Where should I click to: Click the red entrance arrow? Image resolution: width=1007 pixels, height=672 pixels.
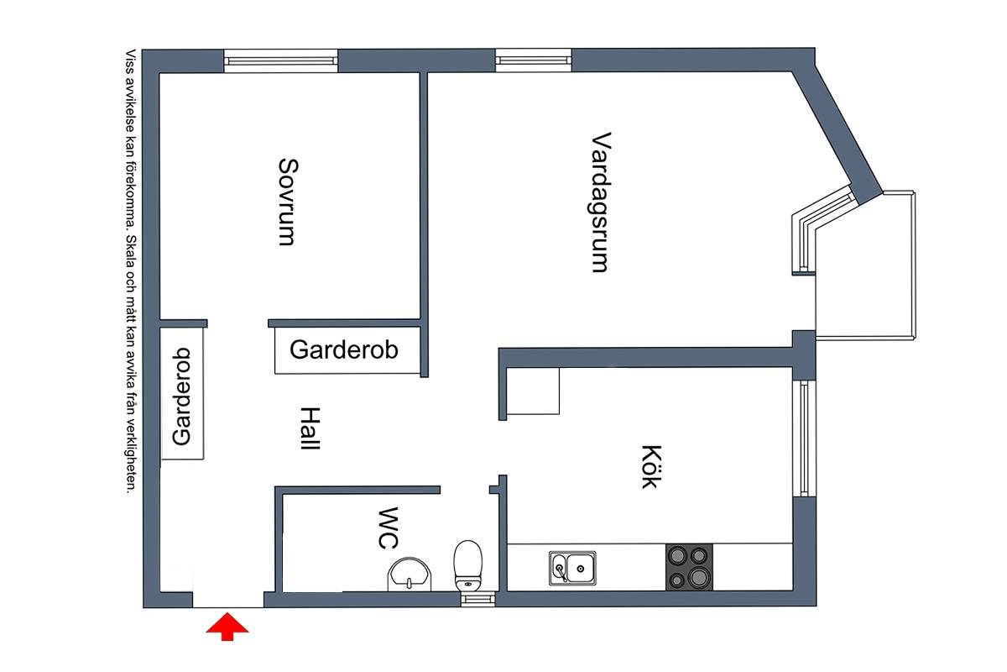point(227,626)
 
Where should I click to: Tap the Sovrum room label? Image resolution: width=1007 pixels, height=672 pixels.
point(288,202)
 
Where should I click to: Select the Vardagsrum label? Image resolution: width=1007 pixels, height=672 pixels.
point(601,202)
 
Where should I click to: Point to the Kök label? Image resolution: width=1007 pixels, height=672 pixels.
point(651,467)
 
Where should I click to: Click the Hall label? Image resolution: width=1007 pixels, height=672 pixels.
point(310,428)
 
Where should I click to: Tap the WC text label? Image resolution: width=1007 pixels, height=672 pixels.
point(388,528)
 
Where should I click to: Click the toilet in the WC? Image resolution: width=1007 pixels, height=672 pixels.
point(468,566)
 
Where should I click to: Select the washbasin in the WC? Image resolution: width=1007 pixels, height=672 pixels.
point(410,575)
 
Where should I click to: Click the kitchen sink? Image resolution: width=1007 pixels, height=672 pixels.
point(572,568)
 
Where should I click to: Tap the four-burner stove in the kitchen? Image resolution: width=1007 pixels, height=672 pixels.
point(689,567)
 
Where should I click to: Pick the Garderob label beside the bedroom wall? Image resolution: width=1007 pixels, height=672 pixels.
point(344,349)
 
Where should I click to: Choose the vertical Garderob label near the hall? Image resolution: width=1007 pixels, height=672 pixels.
point(181,396)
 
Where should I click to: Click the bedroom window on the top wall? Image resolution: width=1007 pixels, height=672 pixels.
point(280,61)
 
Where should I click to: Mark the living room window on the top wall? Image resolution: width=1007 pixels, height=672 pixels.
point(533,60)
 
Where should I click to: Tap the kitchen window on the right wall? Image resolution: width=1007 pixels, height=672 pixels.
point(804,438)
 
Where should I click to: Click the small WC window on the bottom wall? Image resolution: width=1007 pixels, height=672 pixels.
point(477,599)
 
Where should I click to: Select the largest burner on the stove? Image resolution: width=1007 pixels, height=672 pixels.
point(698,577)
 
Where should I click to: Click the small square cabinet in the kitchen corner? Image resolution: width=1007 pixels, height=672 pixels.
point(533,391)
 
